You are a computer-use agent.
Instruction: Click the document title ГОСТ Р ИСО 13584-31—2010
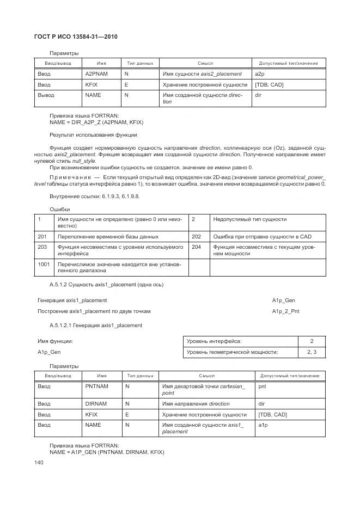click(76, 36)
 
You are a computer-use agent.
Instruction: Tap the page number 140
click(39, 462)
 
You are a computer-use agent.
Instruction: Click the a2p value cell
click(260, 73)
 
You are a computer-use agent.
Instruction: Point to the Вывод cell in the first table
click(46, 95)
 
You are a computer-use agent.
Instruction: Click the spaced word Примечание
click(70, 177)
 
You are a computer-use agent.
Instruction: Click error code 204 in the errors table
click(197, 247)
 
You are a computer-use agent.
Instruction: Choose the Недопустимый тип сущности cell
click(250, 219)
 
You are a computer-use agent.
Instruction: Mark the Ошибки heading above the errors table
click(59, 209)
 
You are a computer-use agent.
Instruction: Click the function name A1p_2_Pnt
click(285, 311)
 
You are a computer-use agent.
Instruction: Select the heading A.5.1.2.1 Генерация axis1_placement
click(96, 326)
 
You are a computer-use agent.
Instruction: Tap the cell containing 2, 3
click(312, 352)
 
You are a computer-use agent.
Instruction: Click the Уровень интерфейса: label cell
click(214, 341)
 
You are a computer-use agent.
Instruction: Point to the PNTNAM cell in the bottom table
click(97, 387)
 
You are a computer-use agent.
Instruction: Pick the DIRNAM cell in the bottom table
click(96, 404)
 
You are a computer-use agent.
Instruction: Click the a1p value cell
click(263, 425)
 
